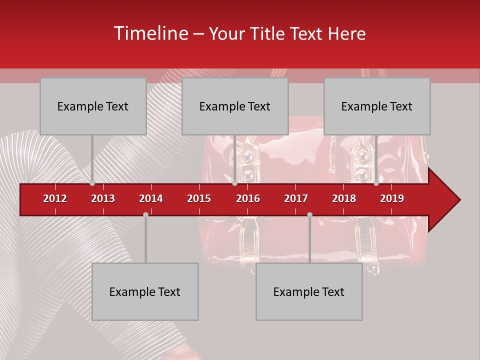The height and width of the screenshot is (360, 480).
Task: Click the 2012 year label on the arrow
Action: (55, 198)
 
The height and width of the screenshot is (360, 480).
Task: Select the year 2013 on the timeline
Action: (103, 198)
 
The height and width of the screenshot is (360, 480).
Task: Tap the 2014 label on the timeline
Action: (151, 198)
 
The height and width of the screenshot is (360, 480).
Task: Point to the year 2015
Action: (199, 198)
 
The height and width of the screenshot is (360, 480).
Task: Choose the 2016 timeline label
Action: (248, 198)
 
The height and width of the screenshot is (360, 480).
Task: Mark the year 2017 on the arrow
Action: (296, 198)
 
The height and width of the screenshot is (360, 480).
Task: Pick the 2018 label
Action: (344, 198)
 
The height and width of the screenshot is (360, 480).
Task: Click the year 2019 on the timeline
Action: (392, 198)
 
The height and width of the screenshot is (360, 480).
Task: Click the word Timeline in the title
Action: (150, 33)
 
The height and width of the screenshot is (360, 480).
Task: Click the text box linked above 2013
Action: (93, 106)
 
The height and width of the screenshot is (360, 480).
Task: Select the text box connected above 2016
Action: (235, 106)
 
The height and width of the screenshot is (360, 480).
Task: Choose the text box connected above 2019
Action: (377, 106)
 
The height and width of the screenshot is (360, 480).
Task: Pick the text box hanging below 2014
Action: (145, 291)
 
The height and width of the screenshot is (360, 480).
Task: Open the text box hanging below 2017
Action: (309, 291)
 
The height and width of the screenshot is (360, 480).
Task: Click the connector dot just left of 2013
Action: (92, 183)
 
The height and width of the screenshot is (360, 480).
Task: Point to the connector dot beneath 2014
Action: (145, 214)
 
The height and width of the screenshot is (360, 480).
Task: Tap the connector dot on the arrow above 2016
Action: (234, 183)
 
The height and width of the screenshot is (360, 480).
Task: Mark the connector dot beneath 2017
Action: (309, 214)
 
